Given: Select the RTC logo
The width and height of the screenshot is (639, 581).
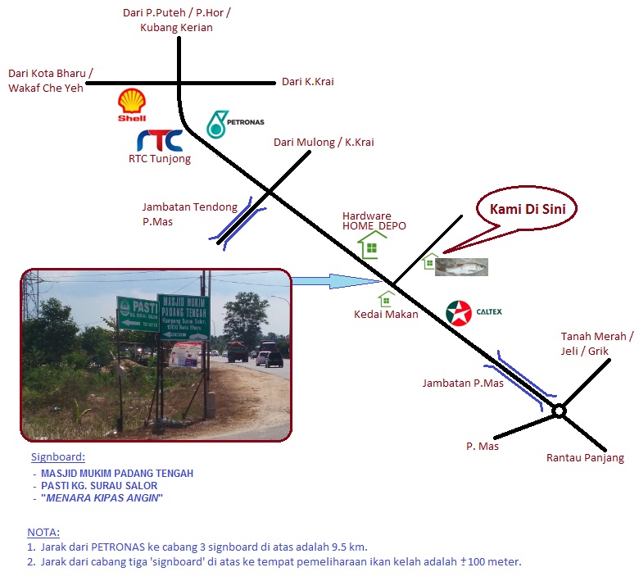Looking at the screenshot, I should [x=159, y=140].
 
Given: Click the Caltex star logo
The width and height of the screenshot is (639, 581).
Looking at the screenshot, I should [x=459, y=313].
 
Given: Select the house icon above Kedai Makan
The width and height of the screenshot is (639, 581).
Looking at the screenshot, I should [x=386, y=299].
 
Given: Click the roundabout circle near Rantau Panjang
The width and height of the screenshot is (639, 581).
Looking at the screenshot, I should [x=559, y=411].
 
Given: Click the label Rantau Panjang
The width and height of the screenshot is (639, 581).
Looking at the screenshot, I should [x=585, y=458].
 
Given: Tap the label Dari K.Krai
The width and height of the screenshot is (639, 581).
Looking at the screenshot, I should [x=307, y=82].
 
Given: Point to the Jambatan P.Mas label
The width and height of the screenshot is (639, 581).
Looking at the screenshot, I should [x=463, y=383].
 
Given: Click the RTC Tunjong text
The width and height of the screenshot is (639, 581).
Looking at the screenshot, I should [x=160, y=159].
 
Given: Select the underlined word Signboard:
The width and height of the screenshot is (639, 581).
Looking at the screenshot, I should [x=58, y=457].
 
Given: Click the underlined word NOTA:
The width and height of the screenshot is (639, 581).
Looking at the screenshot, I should [x=43, y=532].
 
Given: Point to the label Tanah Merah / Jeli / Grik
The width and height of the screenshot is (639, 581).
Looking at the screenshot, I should [x=597, y=343].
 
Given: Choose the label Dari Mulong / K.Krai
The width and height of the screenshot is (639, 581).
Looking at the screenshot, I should [x=324, y=143].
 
